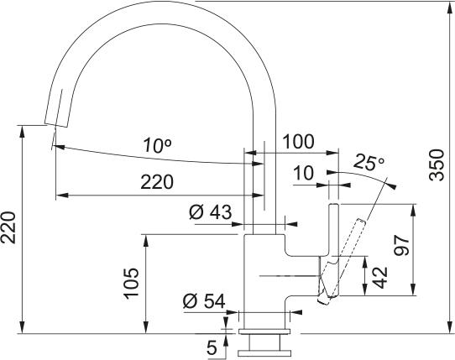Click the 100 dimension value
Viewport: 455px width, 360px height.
(x=300, y=143)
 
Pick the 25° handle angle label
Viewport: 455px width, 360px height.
(x=368, y=161)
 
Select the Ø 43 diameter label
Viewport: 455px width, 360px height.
(x=209, y=213)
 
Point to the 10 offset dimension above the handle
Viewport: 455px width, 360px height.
(x=302, y=174)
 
